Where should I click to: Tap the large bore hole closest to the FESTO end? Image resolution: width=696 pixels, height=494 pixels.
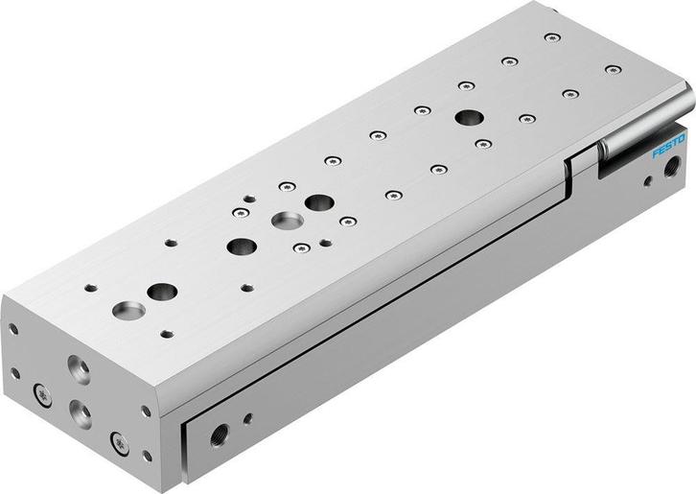tap(469, 117)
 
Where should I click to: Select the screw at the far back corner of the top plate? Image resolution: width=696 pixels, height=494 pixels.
tap(549, 37)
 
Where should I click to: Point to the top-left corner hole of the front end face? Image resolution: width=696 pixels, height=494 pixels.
tap(13, 328)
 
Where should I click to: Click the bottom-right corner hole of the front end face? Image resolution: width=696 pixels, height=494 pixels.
tap(145, 457)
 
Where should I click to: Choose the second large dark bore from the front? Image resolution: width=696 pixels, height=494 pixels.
tap(236, 246)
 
